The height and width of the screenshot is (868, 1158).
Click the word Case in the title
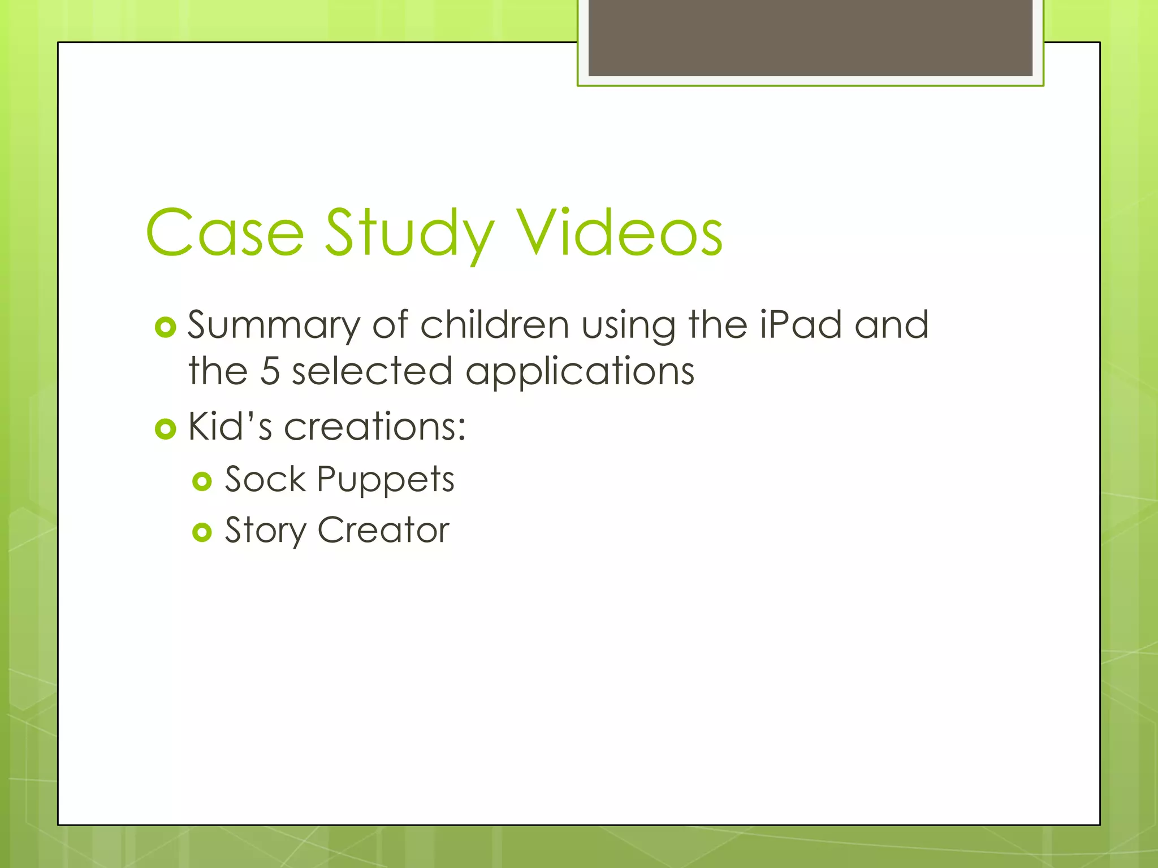[224, 233]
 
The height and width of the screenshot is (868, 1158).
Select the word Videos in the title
[620, 233]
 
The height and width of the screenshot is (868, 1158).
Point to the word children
[494, 325]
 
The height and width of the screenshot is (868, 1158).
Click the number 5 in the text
[270, 371]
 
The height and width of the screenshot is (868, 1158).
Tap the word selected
[372, 371]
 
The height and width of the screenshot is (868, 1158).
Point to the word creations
[374, 426]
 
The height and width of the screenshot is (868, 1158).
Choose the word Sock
[265, 479]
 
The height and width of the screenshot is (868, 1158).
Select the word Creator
[383, 530]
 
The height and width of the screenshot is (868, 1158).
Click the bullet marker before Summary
[165, 328]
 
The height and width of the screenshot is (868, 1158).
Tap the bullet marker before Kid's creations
[165, 429]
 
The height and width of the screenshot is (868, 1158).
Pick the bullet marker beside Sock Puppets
[202, 481]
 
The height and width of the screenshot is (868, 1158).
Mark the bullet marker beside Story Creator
[202, 532]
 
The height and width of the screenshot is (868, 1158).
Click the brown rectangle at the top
[810, 37]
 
